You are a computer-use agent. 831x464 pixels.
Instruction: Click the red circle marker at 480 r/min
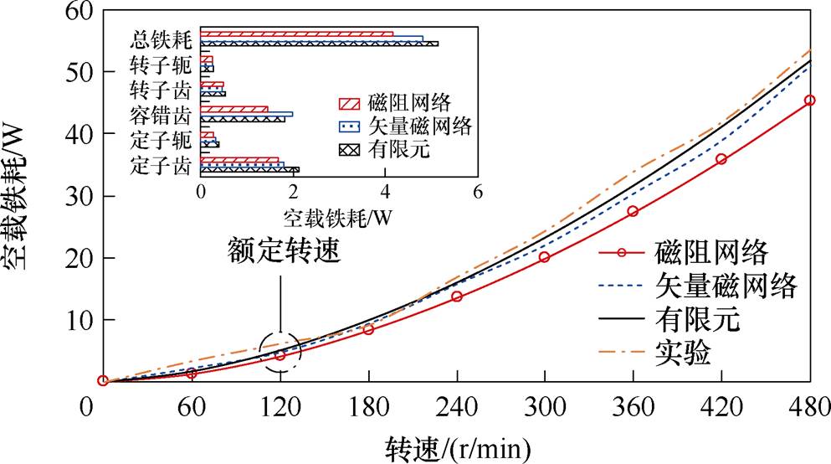click(809, 101)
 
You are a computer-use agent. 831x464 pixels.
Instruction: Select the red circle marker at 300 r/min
click(545, 257)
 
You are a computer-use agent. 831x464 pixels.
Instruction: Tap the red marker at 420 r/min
click(721, 159)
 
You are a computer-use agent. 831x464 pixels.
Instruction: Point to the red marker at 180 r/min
click(368, 329)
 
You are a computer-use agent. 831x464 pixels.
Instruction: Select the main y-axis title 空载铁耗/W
click(20, 198)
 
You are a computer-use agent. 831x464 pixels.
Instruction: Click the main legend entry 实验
click(682, 353)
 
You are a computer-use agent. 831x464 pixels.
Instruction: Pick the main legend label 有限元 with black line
click(699, 319)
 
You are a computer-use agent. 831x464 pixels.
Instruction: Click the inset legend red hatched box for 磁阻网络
click(349, 104)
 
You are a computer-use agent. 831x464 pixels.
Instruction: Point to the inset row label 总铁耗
click(162, 39)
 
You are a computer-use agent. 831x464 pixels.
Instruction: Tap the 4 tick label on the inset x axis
click(385, 191)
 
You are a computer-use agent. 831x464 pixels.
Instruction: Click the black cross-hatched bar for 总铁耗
click(319, 44)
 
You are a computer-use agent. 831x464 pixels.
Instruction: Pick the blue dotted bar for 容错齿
click(247, 114)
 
